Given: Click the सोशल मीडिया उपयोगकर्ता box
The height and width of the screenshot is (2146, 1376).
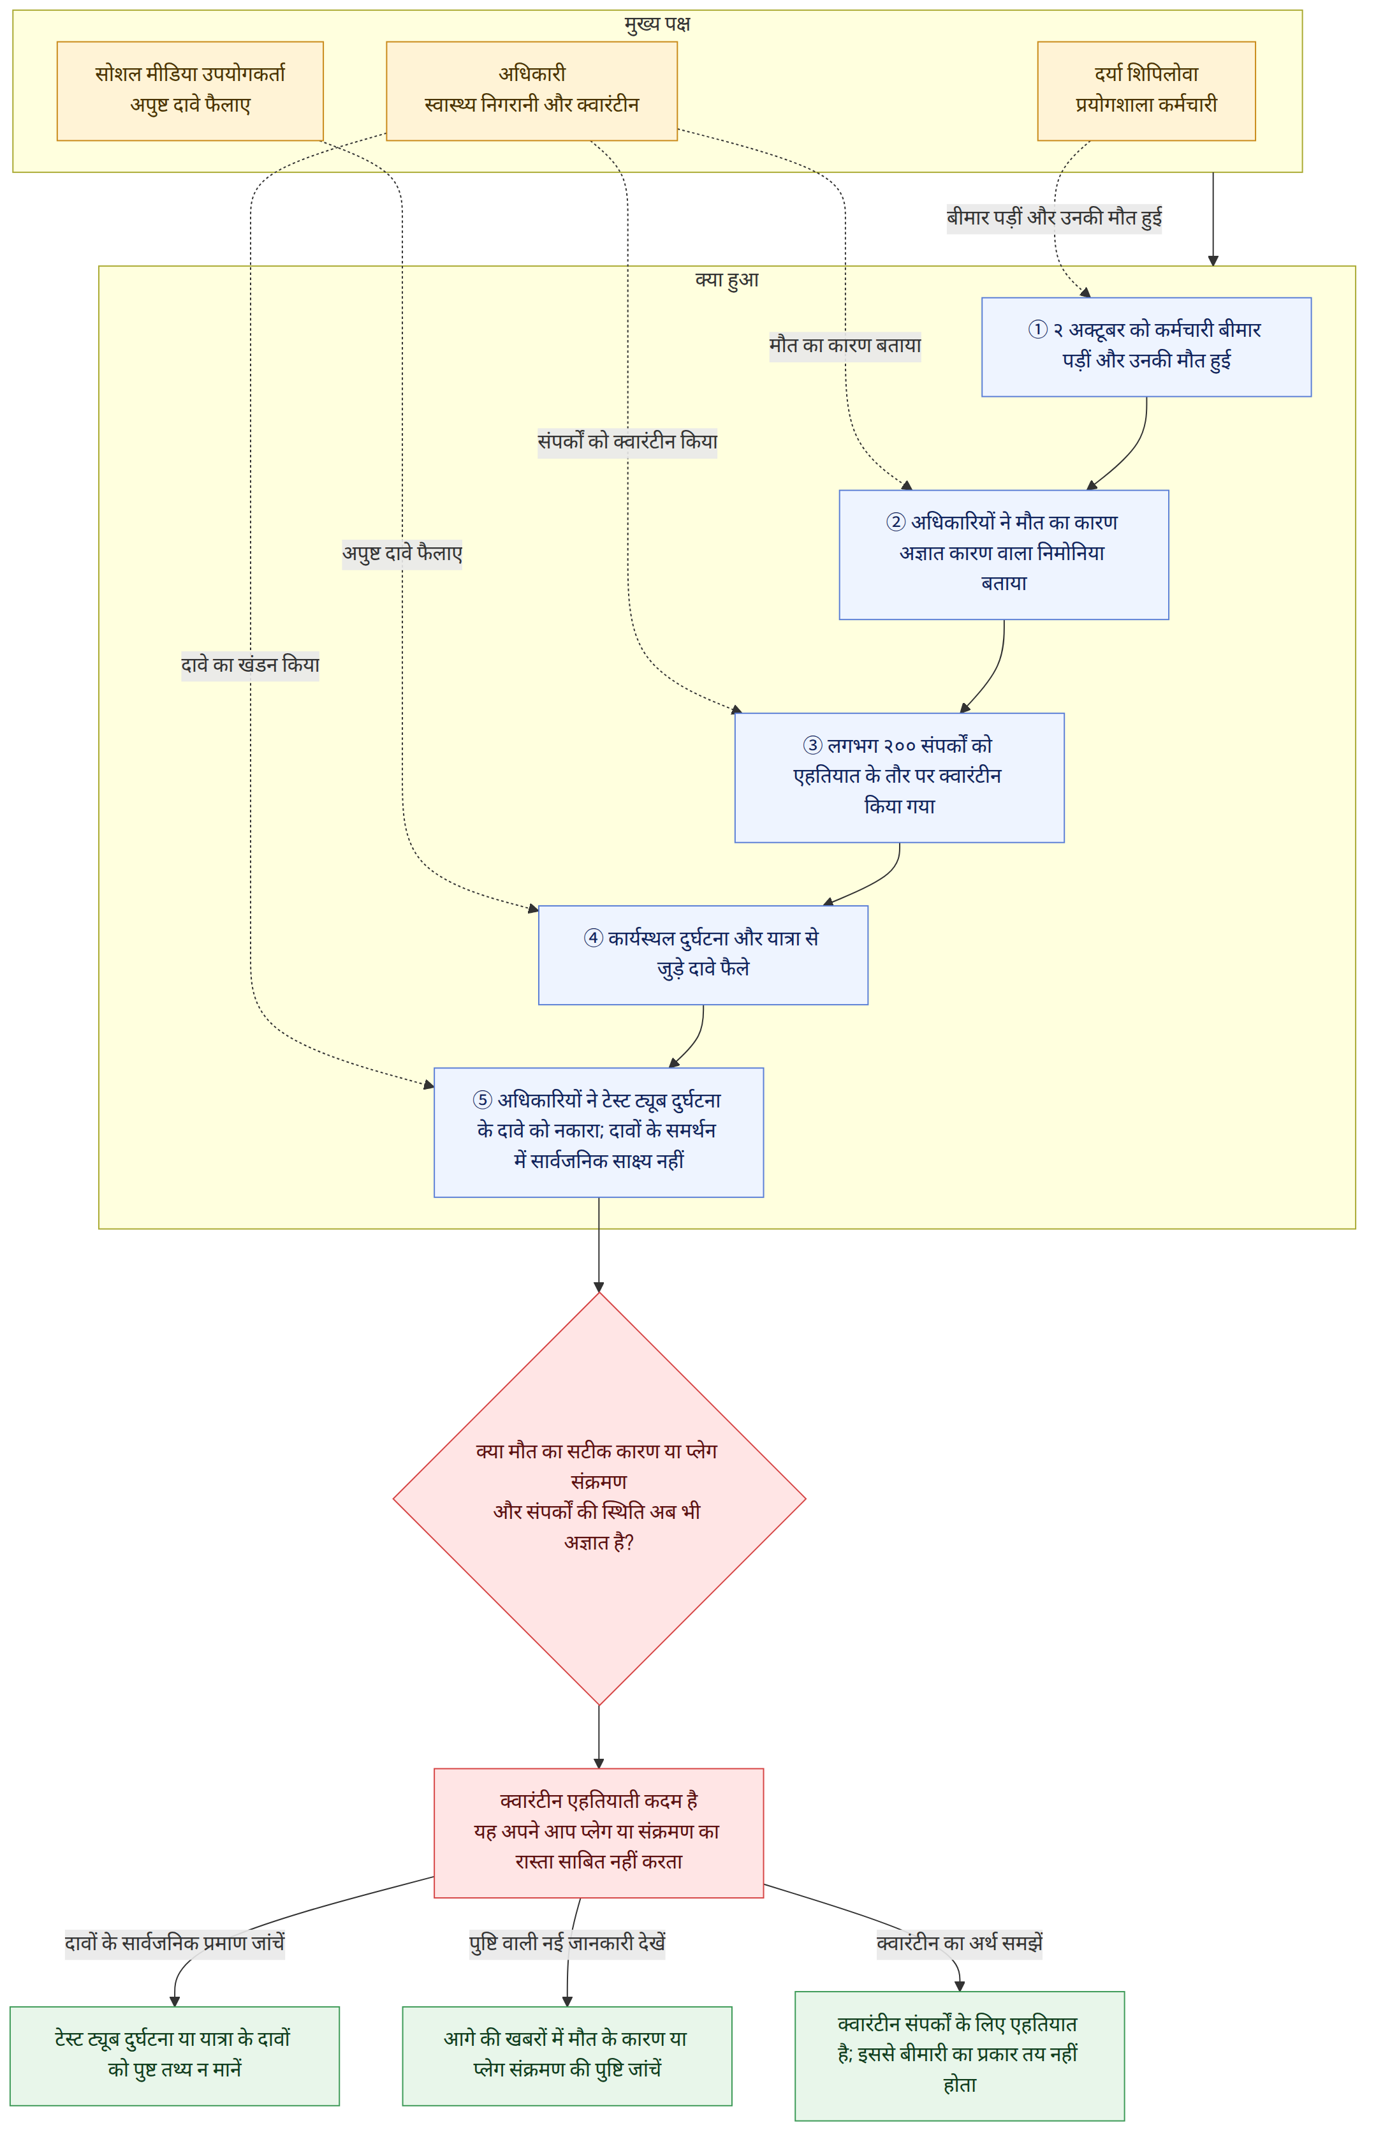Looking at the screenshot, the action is (x=190, y=91).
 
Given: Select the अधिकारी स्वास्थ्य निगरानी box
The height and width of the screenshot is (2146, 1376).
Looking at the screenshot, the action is (x=532, y=91).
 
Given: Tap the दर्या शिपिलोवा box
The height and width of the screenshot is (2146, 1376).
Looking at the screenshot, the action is (x=1146, y=91).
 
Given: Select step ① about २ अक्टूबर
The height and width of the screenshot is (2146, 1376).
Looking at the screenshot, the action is (x=1146, y=347).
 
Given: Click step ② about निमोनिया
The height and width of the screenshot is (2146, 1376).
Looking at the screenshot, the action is (x=1004, y=555).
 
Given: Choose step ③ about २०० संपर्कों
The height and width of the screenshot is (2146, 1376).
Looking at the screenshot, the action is (x=900, y=778).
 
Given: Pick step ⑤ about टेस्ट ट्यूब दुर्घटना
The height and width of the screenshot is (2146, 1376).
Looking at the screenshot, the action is (x=599, y=1132).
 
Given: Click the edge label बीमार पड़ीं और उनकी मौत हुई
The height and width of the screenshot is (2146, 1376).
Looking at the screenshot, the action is (x=1055, y=218).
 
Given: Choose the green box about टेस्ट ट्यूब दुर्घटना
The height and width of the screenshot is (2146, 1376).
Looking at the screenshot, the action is (x=174, y=2055).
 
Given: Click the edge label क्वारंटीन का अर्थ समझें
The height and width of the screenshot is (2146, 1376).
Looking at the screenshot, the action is (x=960, y=1944).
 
